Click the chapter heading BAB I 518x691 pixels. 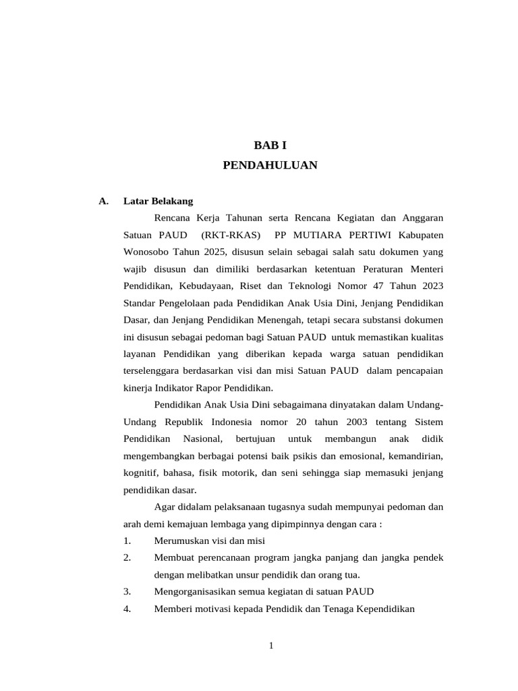(270, 144)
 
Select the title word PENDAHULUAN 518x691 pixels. (270, 165)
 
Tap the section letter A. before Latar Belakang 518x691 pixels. (103, 201)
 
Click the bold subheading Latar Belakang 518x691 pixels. (158, 201)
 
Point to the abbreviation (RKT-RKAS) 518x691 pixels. (231, 236)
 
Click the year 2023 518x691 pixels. (430, 286)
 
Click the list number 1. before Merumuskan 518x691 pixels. (127, 541)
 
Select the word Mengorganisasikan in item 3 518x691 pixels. (198, 592)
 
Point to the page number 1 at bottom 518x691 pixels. (270, 646)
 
